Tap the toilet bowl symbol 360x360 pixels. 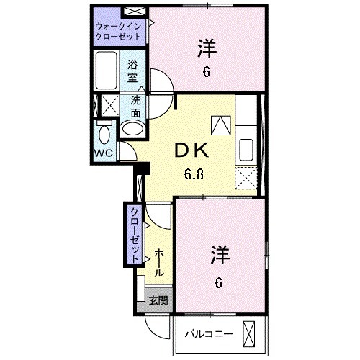[x=104, y=132]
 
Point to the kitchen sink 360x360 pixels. [x=245, y=148]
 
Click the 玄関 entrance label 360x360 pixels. [x=158, y=301]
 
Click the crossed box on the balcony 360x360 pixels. [x=250, y=333]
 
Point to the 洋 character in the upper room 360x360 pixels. [x=207, y=49]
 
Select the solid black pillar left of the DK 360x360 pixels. [x=143, y=169]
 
